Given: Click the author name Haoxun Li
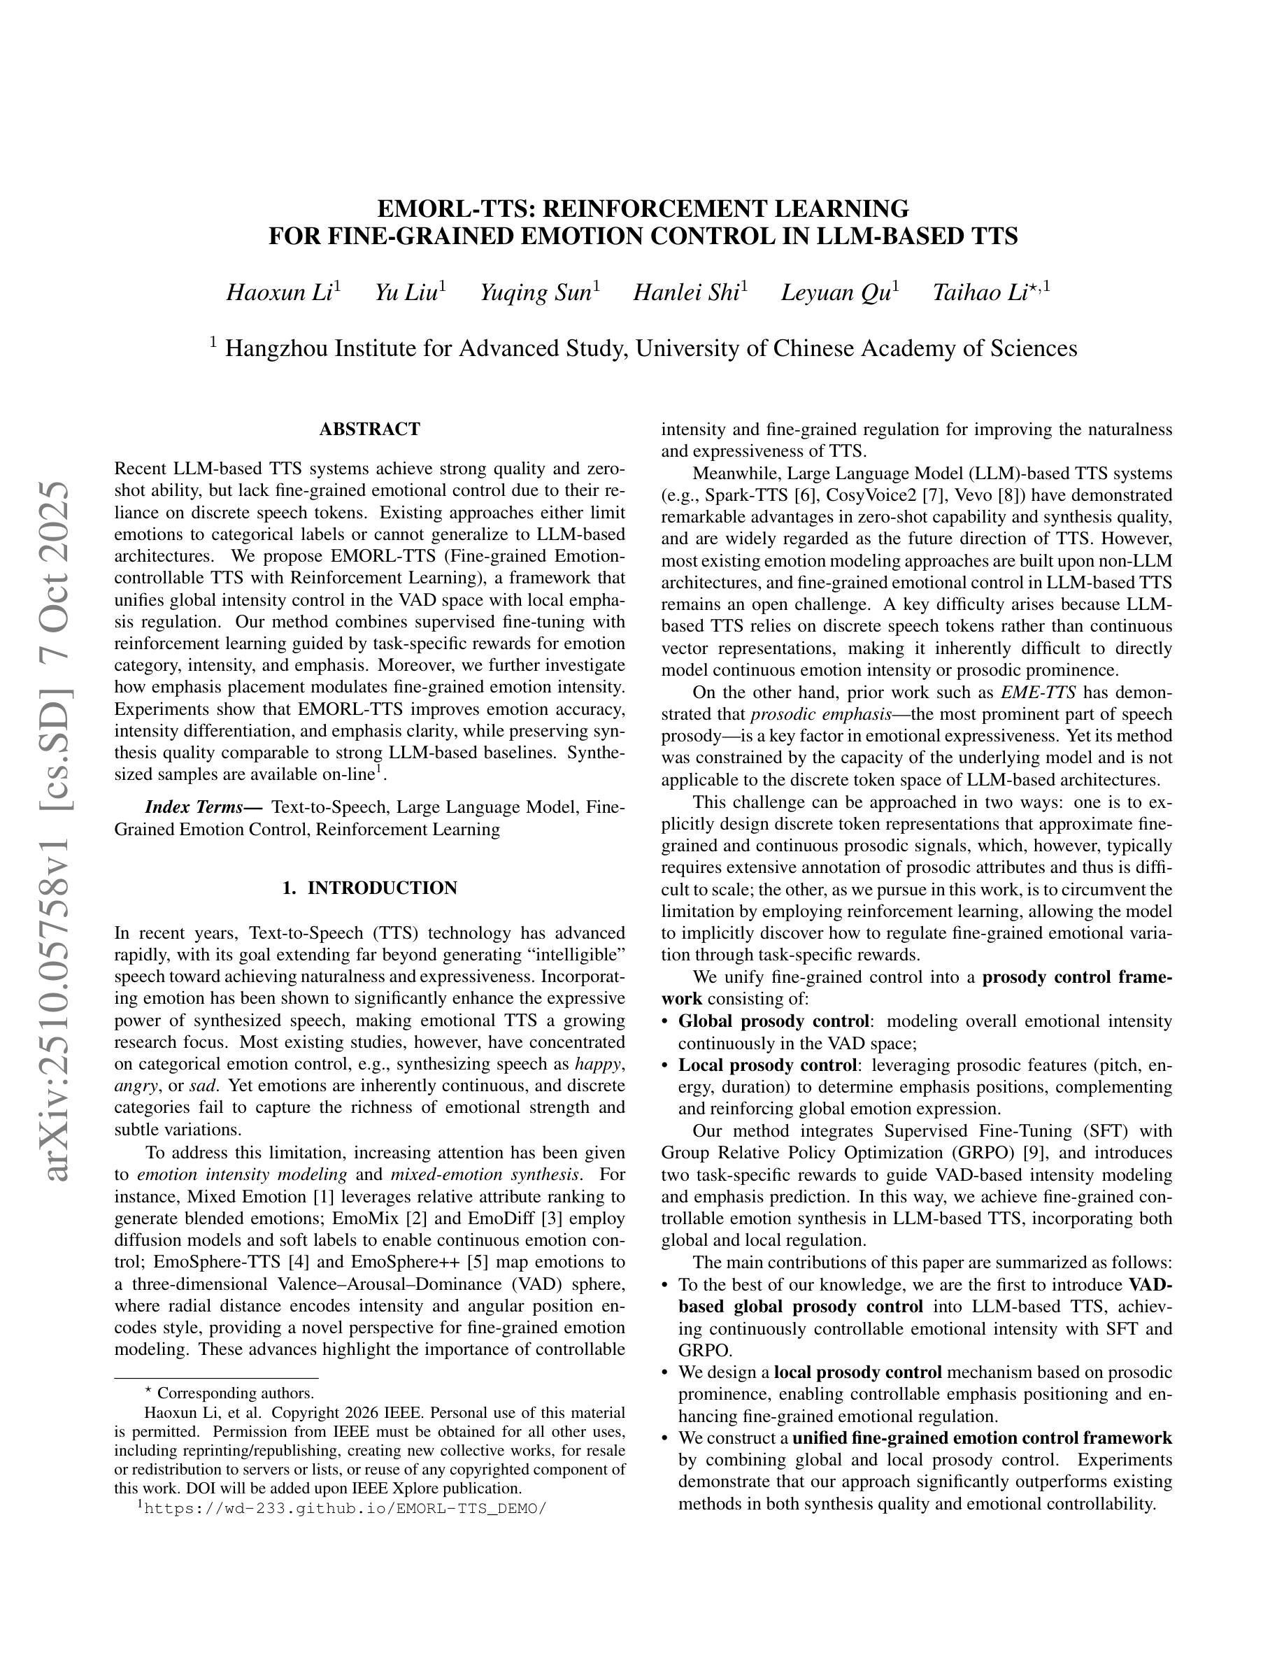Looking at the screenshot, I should (278, 293).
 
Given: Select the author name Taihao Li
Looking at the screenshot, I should (980, 293).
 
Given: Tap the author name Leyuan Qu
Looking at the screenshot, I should (835, 293).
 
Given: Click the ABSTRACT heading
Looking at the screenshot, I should (370, 429).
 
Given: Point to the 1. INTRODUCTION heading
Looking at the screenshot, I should (370, 888).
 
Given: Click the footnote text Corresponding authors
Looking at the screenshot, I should (235, 1393).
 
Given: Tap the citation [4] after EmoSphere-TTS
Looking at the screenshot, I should (299, 1262).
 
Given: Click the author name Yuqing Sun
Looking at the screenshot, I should (536, 293).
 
